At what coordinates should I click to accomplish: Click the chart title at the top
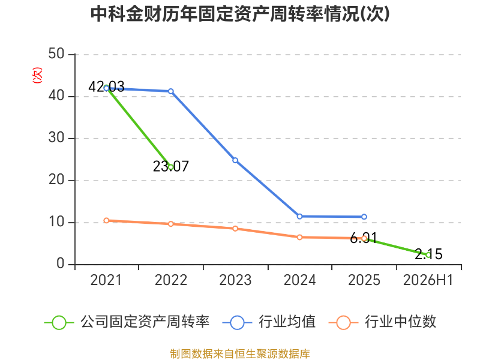click(x=240, y=14)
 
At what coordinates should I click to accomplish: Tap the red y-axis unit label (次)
click(x=37, y=76)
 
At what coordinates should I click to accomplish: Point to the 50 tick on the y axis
click(x=56, y=54)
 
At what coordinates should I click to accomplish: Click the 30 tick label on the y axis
click(x=56, y=138)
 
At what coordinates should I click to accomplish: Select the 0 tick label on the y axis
click(x=61, y=263)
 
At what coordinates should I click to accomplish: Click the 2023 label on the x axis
click(x=235, y=280)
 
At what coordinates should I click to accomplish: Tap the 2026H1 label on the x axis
click(x=428, y=280)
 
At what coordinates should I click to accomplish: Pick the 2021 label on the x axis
click(x=106, y=280)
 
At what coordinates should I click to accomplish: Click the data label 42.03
click(x=106, y=86)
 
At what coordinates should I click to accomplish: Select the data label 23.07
click(x=171, y=166)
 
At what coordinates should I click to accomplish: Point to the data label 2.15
click(x=428, y=254)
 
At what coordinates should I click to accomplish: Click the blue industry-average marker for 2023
click(x=235, y=160)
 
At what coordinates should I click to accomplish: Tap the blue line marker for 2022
click(x=171, y=91)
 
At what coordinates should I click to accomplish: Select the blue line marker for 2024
click(x=299, y=217)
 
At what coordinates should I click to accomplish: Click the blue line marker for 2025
click(x=364, y=217)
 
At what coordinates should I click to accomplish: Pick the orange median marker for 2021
click(x=106, y=220)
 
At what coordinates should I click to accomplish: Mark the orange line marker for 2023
click(x=235, y=229)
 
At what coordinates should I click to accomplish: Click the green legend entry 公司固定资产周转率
click(x=127, y=322)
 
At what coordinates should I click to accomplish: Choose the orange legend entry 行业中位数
click(x=382, y=322)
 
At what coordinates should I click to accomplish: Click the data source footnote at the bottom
click(x=240, y=354)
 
